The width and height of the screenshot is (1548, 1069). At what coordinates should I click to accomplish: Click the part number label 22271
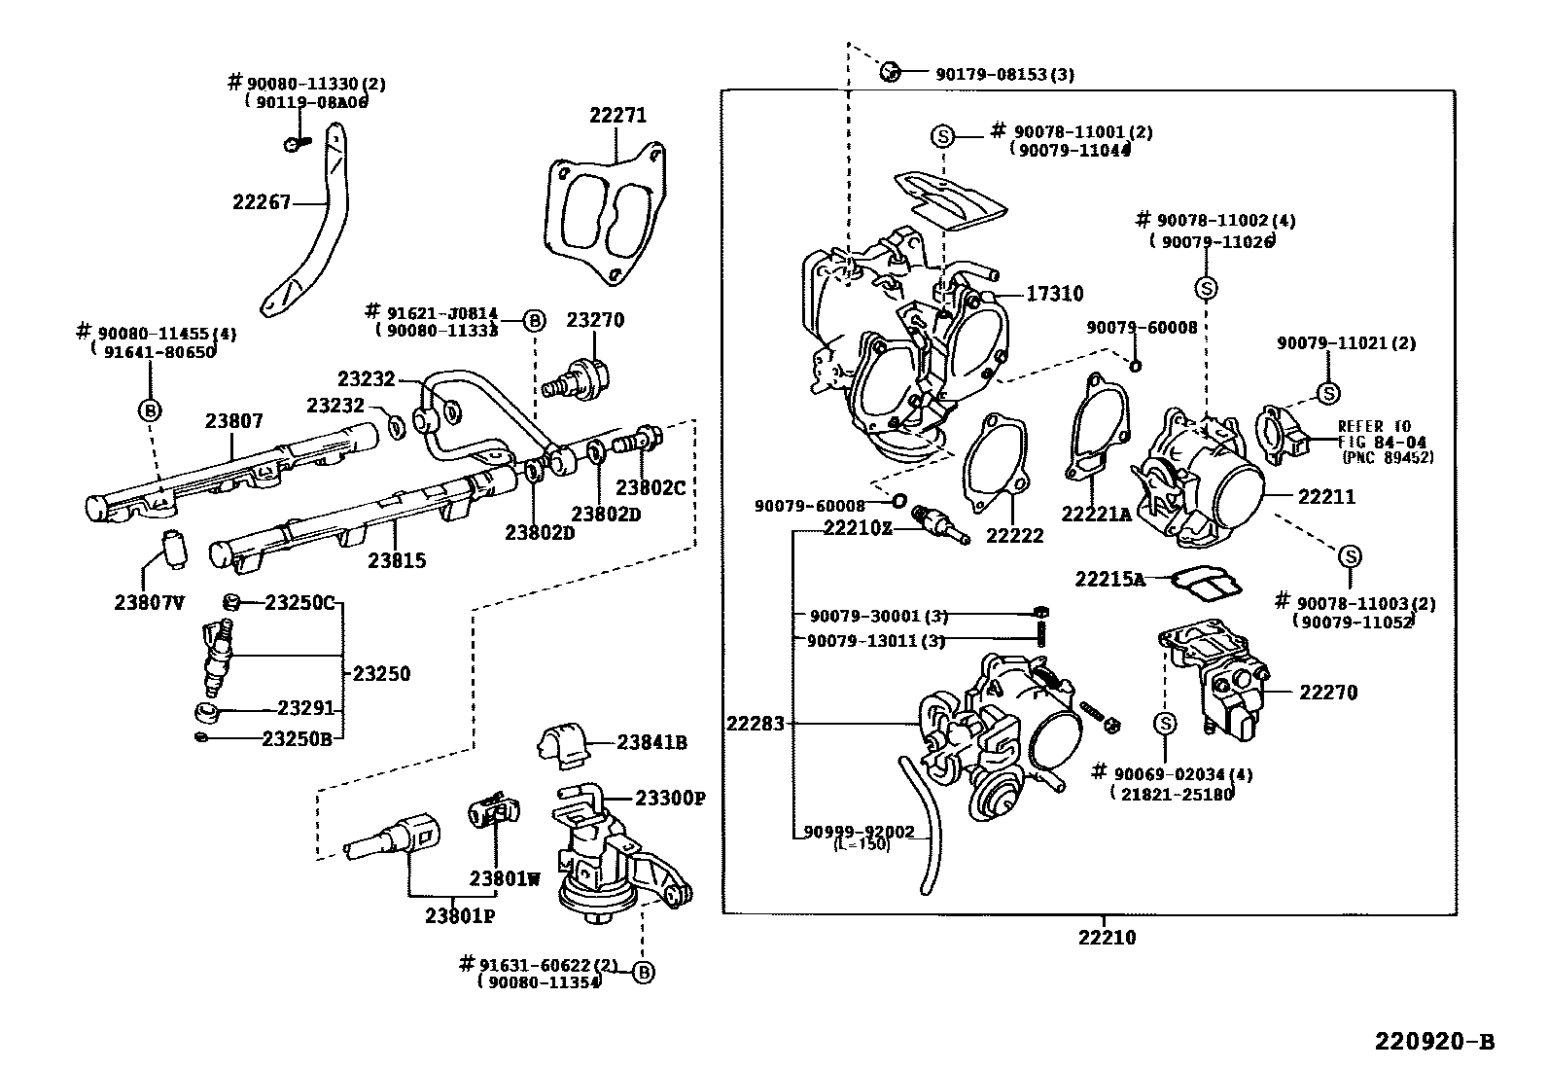(617, 115)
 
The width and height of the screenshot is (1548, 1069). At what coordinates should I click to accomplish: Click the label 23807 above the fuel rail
(233, 421)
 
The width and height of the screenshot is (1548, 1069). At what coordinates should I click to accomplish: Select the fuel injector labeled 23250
(216, 654)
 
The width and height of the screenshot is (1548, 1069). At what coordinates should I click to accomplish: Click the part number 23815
(397, 560)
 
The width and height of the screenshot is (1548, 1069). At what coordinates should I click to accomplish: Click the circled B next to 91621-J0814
(534, 320)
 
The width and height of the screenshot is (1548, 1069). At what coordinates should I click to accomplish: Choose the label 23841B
(651, 742)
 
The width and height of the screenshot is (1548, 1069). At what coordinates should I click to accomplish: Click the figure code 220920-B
(1434, 1042)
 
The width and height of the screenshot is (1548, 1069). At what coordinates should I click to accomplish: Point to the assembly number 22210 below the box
(1106, 938)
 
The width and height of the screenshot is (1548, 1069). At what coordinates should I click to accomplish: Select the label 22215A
(1109, 579)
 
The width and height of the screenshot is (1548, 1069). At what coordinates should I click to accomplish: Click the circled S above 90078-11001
(943, 136)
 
